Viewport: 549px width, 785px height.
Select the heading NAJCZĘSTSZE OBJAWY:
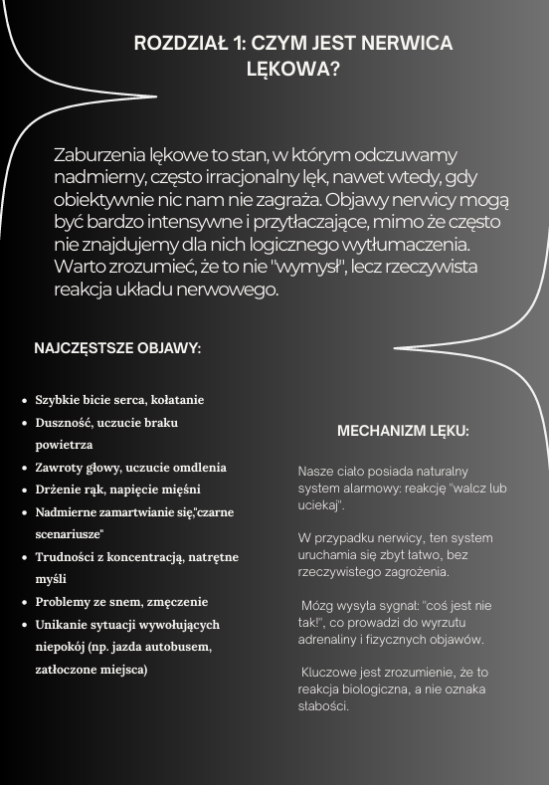coord(117,349)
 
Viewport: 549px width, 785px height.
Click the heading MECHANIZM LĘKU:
coord(403,432)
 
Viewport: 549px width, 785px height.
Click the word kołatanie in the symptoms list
coord(176,400)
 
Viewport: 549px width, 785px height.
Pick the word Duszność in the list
coord(63,423)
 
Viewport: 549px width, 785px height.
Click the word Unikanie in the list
coord(62,625)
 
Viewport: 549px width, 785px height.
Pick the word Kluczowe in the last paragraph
coord(330,673)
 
